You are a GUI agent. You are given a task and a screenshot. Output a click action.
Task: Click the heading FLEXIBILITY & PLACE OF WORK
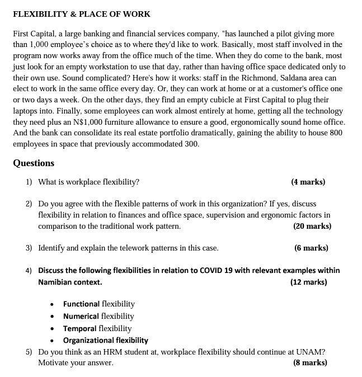pos(82,14)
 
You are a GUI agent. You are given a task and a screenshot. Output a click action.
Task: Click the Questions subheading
pos(34,163)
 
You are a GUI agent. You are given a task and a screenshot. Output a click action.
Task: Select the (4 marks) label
pos(308,182)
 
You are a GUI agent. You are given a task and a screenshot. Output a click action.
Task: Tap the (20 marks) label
pos(312,227)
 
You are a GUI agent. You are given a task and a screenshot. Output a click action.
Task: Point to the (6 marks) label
pos(311,248)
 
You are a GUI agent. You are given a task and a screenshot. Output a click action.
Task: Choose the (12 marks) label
pos(308,282)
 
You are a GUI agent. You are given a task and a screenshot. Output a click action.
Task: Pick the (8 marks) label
pos(310,362)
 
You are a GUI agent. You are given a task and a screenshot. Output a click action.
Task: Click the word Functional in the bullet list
pos(81,304)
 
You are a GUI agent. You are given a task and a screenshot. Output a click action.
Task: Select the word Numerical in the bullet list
pos(81,316)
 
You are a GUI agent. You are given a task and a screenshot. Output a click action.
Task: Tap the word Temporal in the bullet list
pos(79,328)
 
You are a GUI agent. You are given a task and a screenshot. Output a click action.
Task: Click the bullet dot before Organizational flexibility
pos(52,341)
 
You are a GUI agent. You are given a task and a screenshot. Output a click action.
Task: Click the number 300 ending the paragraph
pos(191,144)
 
